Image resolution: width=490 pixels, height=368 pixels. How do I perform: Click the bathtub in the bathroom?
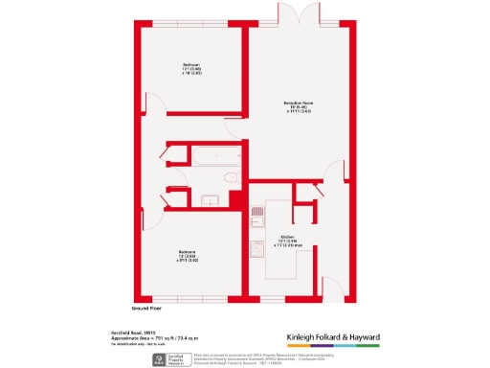(218, 156)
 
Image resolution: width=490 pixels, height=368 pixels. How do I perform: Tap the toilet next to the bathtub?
(230, 178)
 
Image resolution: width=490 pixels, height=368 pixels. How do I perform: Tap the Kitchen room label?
(288, 240)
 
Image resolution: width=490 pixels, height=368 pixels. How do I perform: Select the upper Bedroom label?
(192, 69)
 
